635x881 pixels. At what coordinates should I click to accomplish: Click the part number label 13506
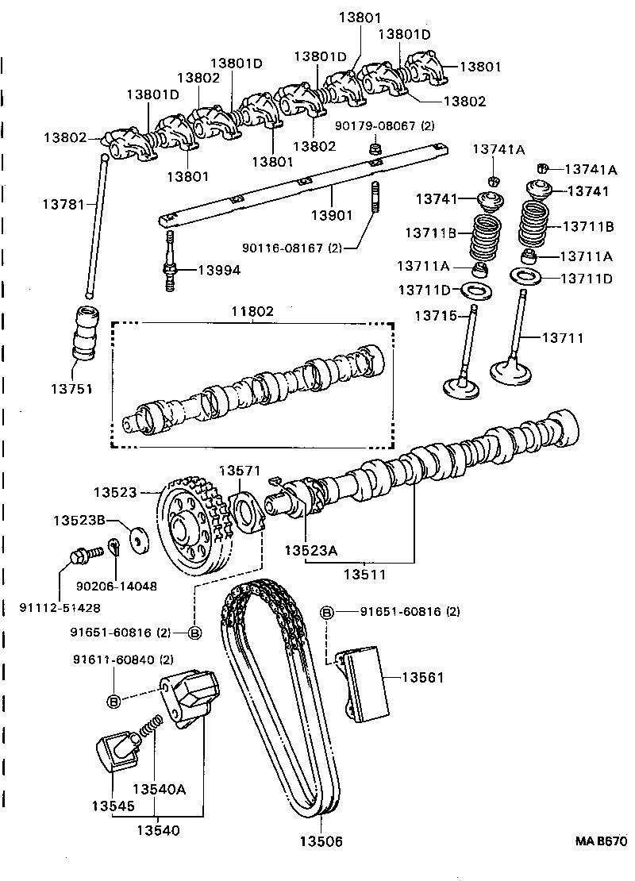(321, 841)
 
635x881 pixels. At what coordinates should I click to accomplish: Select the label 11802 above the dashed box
(252, 312)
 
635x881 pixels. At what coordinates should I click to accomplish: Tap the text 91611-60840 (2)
(123, 660)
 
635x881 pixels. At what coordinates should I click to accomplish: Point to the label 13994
(219, 270)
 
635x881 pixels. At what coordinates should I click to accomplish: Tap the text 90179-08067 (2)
(385, 125)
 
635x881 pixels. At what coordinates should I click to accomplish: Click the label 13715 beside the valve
(435, 315)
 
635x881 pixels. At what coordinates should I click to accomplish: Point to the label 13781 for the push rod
(63, 204)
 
